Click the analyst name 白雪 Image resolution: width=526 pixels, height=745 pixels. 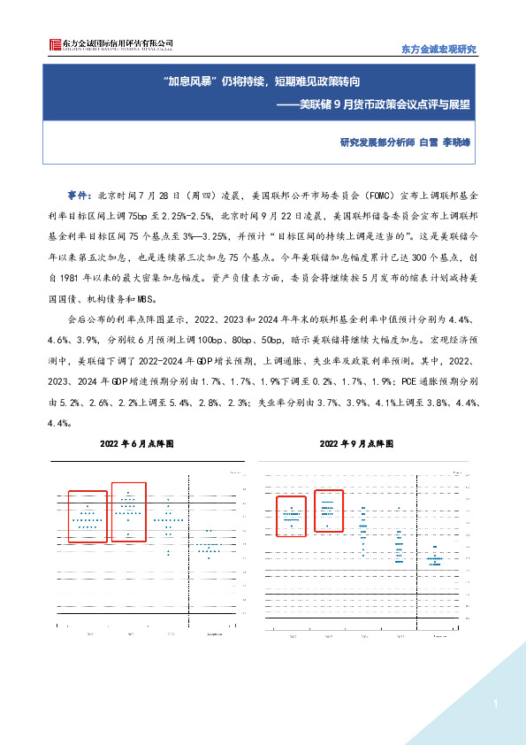(427, 142)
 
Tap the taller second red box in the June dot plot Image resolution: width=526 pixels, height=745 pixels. (128, 512)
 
